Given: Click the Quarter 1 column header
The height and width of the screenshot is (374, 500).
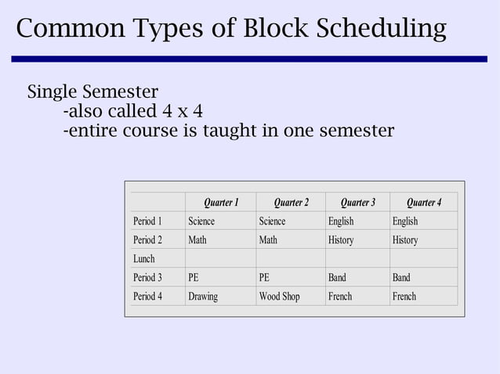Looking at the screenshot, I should pyautogui.click(x=221, y=203).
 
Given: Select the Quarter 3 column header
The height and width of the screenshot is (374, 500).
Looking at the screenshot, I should pyautogui.click(x=357, y=203).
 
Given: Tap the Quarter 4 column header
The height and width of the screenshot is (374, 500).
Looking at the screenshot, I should pyautogui.click(x=423, y=203).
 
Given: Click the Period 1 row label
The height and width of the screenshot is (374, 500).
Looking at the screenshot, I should pyautogui.click(x=147, y=221).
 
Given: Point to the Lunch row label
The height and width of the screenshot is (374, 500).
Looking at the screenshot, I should pyautogui.click(x=144, y=259).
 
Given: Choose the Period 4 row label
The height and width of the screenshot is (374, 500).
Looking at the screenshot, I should pyautogui.click(x=147, y=297).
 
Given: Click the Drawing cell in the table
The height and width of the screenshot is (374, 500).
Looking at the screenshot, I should pyautogui.click(x=203, y=297).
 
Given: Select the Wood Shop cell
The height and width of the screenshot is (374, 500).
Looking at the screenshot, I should pyautogui.click(x=279, y=297).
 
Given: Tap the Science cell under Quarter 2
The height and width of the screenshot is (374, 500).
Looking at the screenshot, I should pyautogui.click(x=272, y=221).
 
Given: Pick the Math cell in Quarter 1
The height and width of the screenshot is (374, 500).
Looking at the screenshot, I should pyautogui.click(x=197, y=240).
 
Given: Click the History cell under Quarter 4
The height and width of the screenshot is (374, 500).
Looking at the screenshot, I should pyautogui.click(x=405, y=240).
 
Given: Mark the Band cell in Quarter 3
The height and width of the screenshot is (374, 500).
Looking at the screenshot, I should pyautogui.click(x=337, y=278).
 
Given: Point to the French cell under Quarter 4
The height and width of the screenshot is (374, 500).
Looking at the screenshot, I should pyautogui.click(x=404, y=297).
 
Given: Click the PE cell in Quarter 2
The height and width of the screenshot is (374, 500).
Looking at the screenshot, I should pyautogui.click(x=264, y=278).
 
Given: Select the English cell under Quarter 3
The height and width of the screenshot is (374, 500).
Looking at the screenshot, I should pyautogui.click(x=341, y=221).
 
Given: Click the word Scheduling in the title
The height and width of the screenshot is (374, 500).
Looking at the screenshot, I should pyautogui.click(x=382, y=29).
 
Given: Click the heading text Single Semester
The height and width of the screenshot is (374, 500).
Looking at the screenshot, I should pyautogui.click(x=92, y=91).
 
